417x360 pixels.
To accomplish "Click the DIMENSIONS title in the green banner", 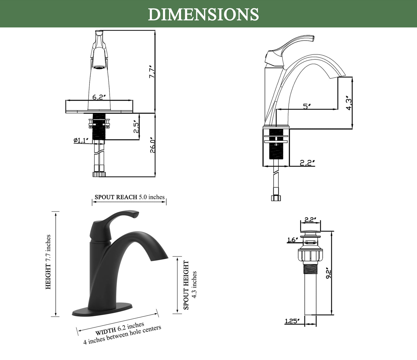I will coord(203,14).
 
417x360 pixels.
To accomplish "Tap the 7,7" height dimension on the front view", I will coord(152,71).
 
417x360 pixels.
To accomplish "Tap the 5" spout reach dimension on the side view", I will coord(307,106).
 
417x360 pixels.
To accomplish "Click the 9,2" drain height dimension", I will coord(328,273).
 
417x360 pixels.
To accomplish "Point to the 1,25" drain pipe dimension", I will coord(292,321).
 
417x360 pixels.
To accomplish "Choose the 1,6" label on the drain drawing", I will coord(292,240).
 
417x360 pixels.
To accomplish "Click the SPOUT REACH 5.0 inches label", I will coord(130,197).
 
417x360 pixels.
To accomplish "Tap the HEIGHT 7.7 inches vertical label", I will coord(48,262).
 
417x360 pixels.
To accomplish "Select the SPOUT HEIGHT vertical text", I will coord(186,285).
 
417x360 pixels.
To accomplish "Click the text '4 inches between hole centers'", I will coord(122,335).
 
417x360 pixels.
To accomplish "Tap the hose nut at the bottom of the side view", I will coord(276,198).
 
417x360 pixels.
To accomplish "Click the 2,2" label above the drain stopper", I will coord(309,220).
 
